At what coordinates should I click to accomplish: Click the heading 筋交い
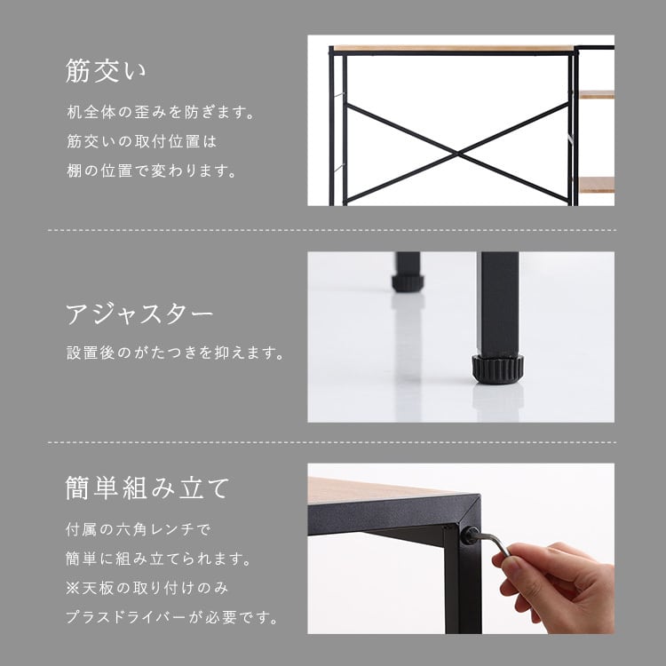106,71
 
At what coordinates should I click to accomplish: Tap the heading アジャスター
139,313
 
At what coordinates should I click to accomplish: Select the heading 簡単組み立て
147,488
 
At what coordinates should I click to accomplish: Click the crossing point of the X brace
458,153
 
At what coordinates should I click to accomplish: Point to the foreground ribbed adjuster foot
497,369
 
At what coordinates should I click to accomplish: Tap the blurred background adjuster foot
408,282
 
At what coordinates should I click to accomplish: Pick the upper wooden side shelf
597,95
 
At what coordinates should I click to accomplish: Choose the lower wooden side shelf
597,186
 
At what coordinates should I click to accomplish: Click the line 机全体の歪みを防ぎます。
160,112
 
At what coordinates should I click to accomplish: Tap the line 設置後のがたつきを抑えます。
175,353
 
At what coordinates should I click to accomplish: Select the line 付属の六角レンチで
138,529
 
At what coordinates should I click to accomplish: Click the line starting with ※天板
147,588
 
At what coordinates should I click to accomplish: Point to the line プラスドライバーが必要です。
171,617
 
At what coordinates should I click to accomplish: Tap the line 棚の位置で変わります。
152,170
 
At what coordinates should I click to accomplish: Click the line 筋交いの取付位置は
142,141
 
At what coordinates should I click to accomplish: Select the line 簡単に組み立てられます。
159,559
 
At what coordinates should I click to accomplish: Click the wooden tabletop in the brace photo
453,48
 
